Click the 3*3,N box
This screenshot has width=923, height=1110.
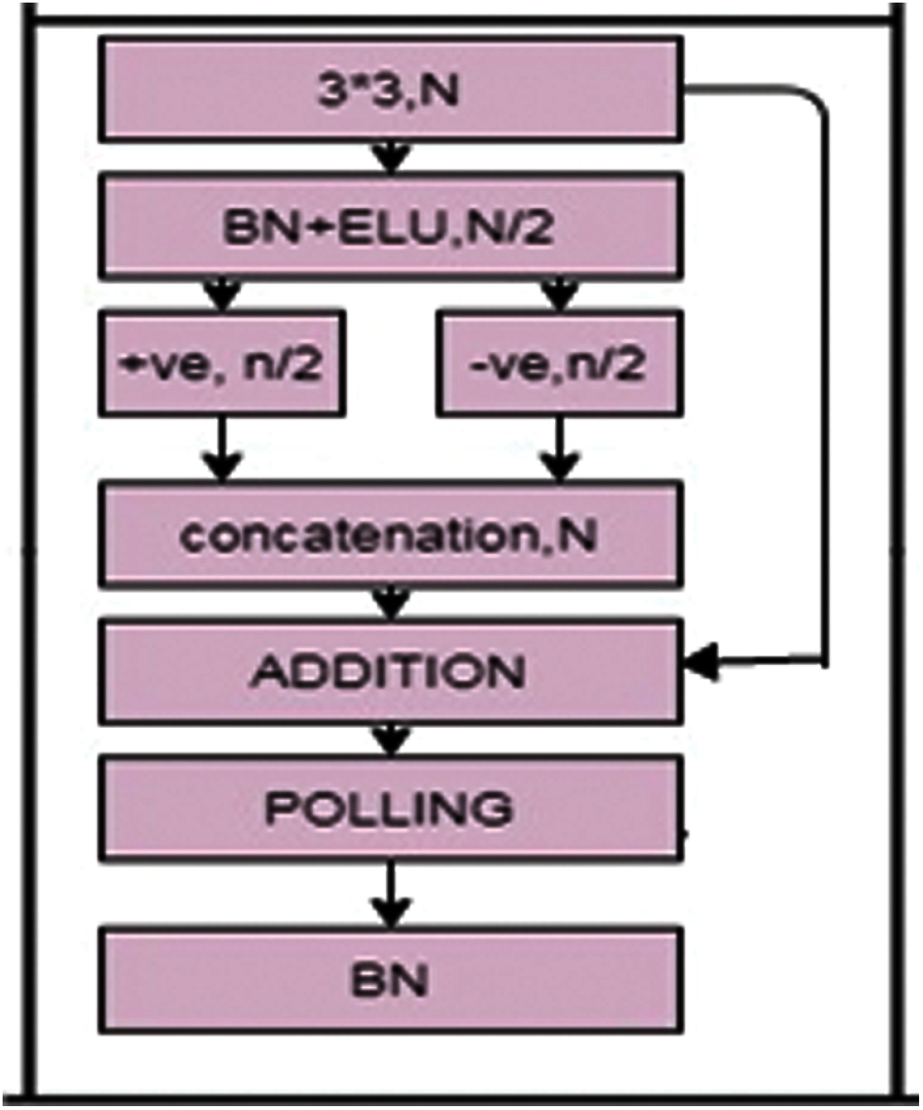pyautogui.click(x=391, y=90)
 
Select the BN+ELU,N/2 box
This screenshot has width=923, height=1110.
pyautogui.click(x=391, y=227)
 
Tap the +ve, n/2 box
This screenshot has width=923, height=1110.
pyautogui.click(x=223, y=363)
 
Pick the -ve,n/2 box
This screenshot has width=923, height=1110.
pyautogui.click(x=560, y=363)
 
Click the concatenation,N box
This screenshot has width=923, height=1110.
pyautogui.click(x=391, y=535)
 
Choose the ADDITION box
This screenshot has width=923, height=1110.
pyautogui.click(x=391, y=672)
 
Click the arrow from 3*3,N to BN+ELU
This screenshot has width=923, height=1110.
pyautogui.click(x=391, y=158)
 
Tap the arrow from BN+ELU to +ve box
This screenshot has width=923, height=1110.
pyautogui.click(x=223, y=295)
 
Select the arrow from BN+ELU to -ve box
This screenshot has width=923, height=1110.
pyautogui.click(x=560, y=295)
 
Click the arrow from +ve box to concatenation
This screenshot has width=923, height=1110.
pyautogui.click(x=223, y=452)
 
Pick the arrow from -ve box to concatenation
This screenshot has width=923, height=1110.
pyautogui.click(x=560, y=452)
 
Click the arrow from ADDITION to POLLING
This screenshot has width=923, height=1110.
pyautogui.click(x=391, y=740)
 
